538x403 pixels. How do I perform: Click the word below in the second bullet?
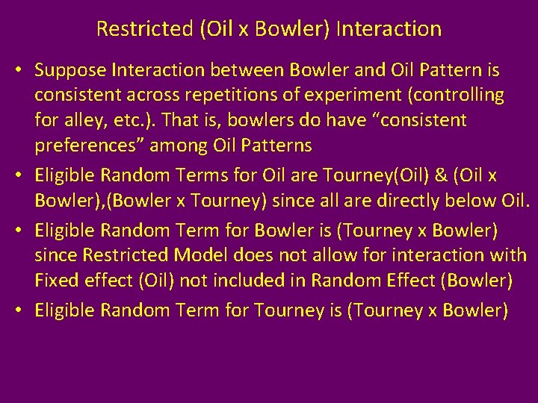coord(452,200)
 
